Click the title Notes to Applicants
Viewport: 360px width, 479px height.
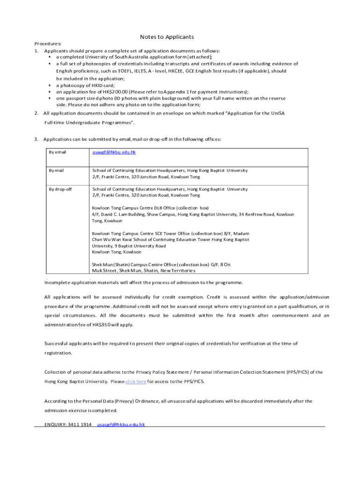[167, 37]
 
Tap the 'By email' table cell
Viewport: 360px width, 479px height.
[58, 152]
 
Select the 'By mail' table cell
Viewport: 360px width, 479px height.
[56, 170]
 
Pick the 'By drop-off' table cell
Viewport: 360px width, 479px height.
[59, 189]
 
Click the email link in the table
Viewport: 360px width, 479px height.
[114, 152]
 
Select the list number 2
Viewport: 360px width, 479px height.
[36, 113]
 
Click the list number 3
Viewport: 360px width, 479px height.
[36, 139]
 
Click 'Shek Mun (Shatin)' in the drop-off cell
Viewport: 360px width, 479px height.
[111, 264]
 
